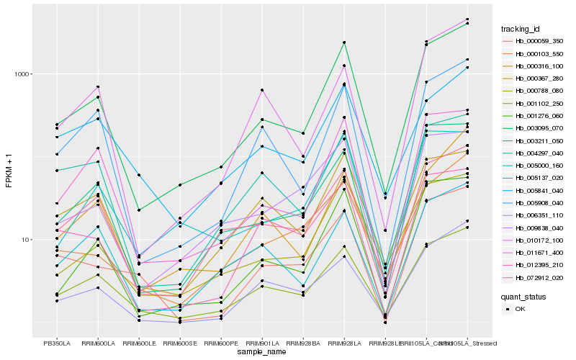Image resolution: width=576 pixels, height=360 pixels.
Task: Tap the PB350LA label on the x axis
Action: (57, 343)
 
